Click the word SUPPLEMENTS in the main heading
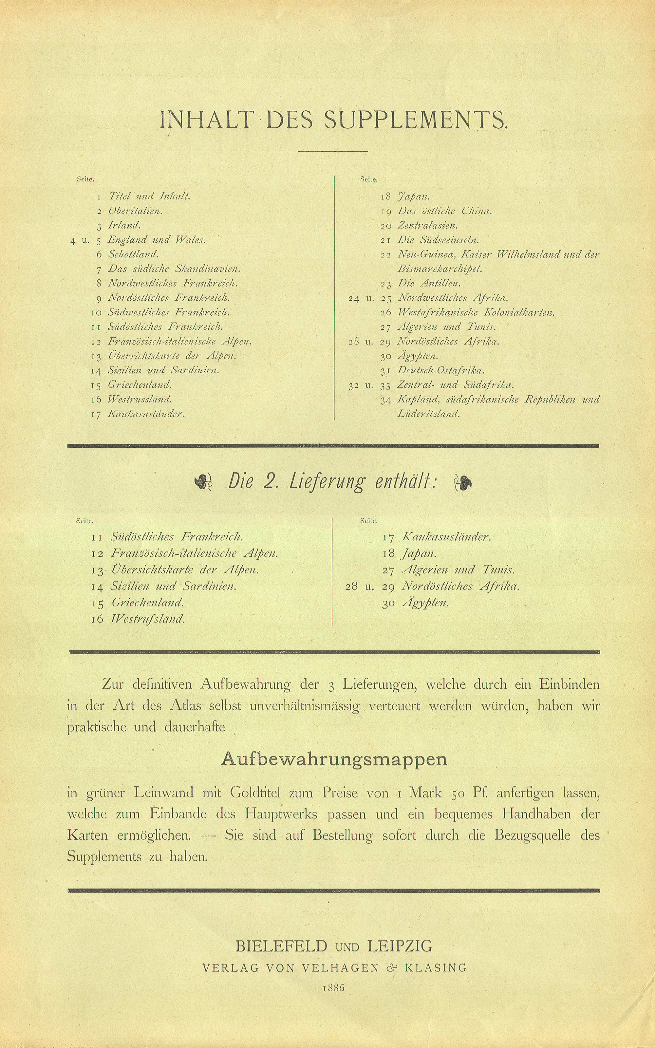(415, 121)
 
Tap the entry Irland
(124, 225)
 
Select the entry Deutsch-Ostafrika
(440, 370)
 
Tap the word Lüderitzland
(428, 414)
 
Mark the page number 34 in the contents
(385, 400)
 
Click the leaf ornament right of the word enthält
(462, 482)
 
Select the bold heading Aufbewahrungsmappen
(334, 759)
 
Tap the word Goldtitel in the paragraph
(255, 793)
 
